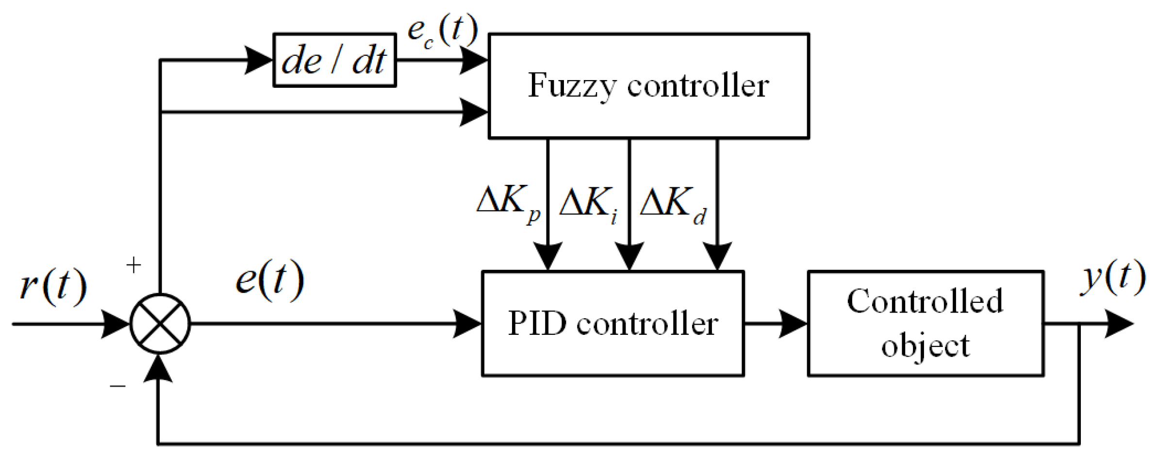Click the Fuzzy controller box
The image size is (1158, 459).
(648, 86)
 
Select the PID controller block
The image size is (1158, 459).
(612, 323)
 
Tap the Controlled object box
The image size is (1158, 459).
(925, 323)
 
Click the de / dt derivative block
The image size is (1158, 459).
(334, 60)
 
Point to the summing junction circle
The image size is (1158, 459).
(160, 324)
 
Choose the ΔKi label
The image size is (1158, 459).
(588, 203)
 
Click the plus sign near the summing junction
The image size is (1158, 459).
(133, 265)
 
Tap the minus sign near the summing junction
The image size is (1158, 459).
(117, 386)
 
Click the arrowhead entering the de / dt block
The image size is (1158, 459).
(259, 60)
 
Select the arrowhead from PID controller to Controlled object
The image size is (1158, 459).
(793, 324)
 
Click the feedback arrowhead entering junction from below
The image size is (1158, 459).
(159, 369)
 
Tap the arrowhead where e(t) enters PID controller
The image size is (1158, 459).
(467, 324)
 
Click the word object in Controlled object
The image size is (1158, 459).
(925, 346)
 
